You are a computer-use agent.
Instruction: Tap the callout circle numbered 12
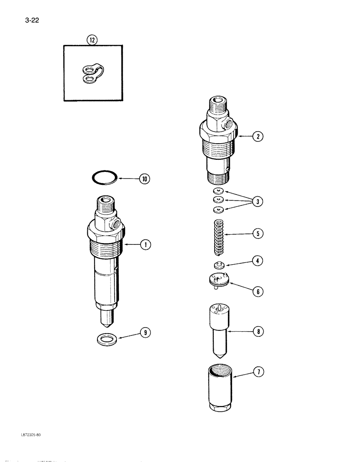tap(92, 40)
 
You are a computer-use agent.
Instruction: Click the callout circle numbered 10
tap(145, 179)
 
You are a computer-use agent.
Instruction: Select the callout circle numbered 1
tap(145, 245)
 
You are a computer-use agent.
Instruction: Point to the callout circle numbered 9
tap(145, 333)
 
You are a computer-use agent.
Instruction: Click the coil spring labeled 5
tap(219, 237)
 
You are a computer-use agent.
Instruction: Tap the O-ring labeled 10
tap(104, 177)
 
